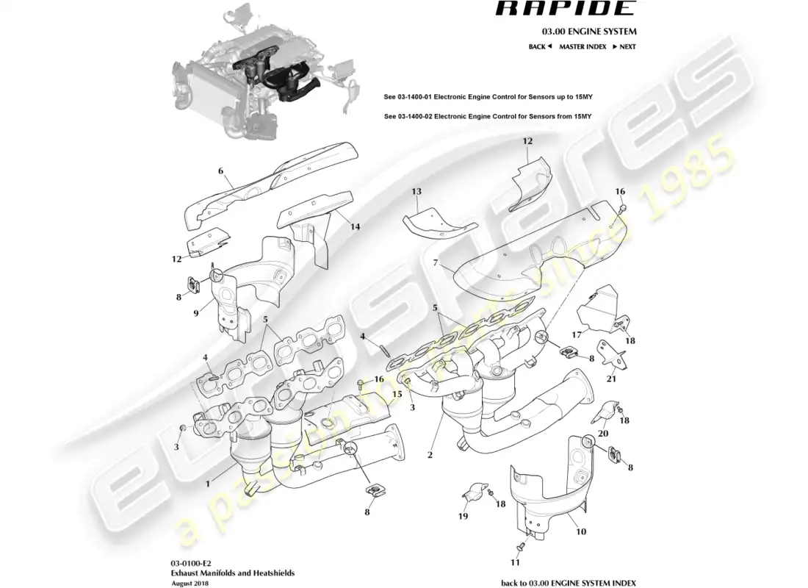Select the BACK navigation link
click(540, 46)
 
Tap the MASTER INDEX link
click(582, 46)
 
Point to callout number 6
click(220, 171)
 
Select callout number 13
click(416, 192)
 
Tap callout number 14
click(355, 227)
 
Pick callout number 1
click(208, 484)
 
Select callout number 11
click(514, 563)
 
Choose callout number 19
click(463, 517)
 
